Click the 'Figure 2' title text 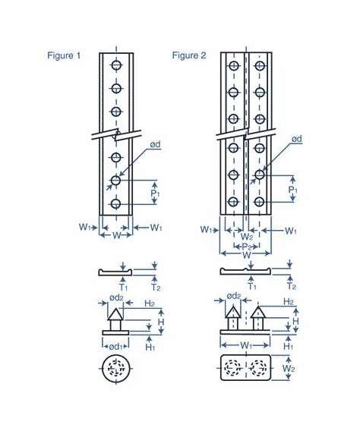pyautogui.click(x=189, y=56)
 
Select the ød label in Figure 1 pyautogui.click(x=154, y=144)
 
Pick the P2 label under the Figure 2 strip pyautogui.click(x=247, y=247)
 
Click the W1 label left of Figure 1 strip pyautogui.click(x=87, y=227)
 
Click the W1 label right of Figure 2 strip pyautogui.click(x=290, y=230)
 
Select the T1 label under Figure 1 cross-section pyautogui.click(x=125, y=287)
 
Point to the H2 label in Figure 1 pyautogui.click(x=149, y=303)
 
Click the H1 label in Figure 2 pyautogui.click(x=289, y=346)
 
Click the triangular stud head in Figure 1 pyautogui.click(x=115, y=313)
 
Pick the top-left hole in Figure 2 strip pyautogui.click(x=233, y=66)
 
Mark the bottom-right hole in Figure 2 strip pyautogui.click(x=259, y=202)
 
